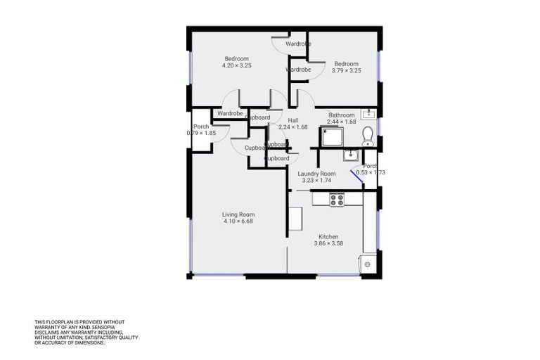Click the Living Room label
point(238,214)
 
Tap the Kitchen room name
point(328,237)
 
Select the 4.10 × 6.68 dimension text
point(238,221)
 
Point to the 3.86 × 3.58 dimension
point(328,244)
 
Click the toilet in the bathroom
point(366,135)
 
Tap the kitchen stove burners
point(337,199)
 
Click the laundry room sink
point(351,155)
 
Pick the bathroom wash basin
point(368,114)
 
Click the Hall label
point(293,120)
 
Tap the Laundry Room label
point(316,174)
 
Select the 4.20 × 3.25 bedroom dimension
point(237,65)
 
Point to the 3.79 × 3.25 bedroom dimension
point(346,70)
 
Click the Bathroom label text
point(342,115)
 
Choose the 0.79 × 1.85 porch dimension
point(201,133)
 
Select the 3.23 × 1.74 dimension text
point(316,181)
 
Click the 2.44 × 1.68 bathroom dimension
point(342,122)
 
